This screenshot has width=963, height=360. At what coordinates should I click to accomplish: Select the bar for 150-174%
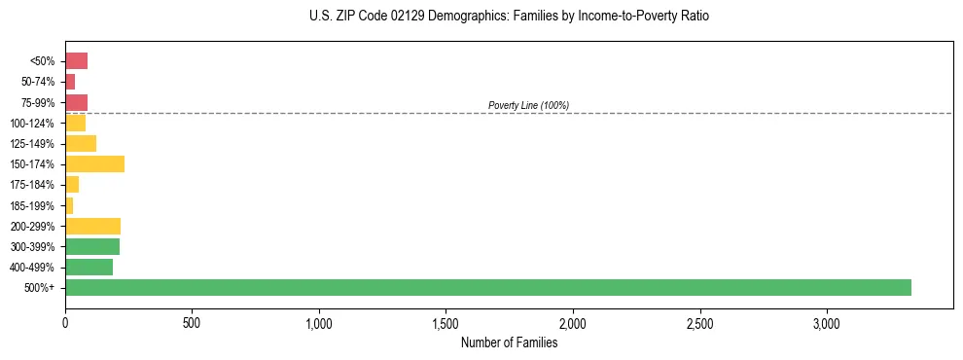[94, 164]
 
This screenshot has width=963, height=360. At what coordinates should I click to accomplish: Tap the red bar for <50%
[76, 61]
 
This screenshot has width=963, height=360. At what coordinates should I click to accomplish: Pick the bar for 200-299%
[92, 226]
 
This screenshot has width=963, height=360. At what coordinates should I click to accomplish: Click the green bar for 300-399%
[92, 246]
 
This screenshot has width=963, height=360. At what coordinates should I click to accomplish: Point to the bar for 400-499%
[89, 267]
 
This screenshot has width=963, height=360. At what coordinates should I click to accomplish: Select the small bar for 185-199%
[69, 205]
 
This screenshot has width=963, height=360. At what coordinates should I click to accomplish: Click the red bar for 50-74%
[70, 82]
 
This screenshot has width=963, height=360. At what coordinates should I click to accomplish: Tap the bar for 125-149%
[81, 144]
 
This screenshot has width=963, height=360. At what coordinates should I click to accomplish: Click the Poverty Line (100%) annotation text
[528, 105]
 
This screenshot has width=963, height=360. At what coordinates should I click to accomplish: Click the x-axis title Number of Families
[509, 342]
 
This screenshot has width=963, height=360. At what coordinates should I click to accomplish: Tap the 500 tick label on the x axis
[192, 323]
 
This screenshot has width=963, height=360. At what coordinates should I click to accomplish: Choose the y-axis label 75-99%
[39, 103]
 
